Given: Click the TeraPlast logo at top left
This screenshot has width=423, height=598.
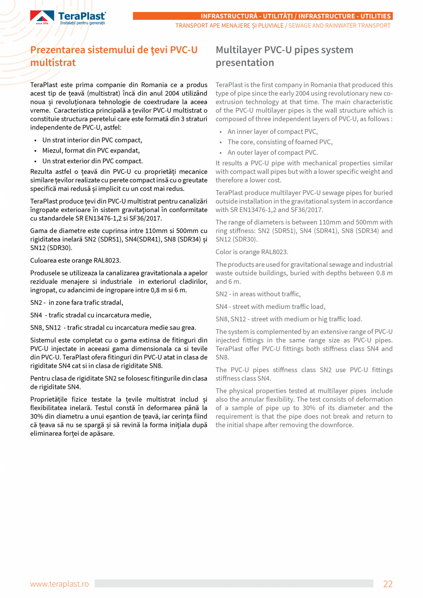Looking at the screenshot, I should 68,17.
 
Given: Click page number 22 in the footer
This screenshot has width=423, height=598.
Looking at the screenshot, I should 388,584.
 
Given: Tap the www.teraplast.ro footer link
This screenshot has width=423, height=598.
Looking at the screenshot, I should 59,584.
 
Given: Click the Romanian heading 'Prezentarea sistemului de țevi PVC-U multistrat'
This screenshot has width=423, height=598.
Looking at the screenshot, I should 114,56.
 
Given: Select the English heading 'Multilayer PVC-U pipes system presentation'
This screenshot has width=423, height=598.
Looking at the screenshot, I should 284,56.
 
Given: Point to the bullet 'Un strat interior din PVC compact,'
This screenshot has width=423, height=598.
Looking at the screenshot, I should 92,140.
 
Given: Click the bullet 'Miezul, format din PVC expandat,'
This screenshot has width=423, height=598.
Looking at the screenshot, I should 91,150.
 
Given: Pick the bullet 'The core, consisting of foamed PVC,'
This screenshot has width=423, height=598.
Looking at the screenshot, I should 280,142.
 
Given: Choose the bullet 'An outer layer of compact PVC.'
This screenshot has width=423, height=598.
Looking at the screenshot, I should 272,153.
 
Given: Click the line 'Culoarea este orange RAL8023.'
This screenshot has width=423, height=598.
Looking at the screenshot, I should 75,261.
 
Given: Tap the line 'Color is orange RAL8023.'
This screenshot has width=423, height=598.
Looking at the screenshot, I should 252,252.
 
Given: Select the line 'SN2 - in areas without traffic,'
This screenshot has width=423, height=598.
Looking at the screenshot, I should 258,294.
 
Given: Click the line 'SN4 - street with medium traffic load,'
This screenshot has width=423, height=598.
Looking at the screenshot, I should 270,307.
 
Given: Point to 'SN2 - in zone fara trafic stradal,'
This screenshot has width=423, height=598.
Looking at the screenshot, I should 77,302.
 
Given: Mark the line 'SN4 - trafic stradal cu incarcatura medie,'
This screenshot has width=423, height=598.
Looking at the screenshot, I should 91,315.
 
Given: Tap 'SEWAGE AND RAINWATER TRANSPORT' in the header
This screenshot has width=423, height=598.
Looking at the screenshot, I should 339,26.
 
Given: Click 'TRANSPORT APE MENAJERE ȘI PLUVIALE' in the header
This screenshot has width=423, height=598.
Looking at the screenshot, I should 229,26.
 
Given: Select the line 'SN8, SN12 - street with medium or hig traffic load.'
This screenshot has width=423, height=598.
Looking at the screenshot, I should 289,319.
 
